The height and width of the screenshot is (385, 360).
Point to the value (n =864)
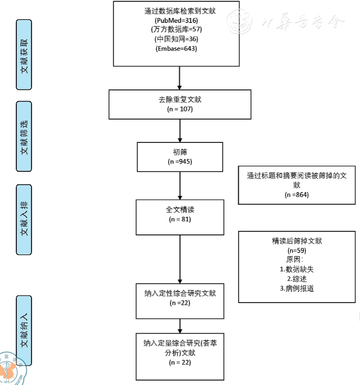coord(297,194)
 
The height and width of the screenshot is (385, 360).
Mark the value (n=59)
coord(297,250)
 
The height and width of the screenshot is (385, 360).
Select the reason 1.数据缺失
coord(297,269)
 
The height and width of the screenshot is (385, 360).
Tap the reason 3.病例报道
coord(297,287)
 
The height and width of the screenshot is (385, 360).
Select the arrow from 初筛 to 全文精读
coord(179,185)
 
